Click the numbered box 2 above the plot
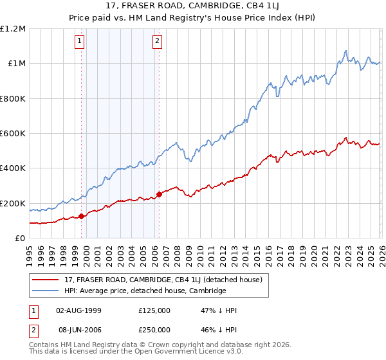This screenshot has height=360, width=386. tap(157, 42)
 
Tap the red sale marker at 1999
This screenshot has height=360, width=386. tap(81, 216)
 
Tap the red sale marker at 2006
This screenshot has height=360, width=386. tap(159, 195)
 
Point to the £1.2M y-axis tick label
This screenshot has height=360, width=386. tap(13, 28)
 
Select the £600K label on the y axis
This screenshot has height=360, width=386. tap(13, 134)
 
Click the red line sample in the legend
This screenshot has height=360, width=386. tap(46, 280)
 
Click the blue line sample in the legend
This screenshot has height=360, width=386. tap(46, 291)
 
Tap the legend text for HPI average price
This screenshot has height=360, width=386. tap(145, 291)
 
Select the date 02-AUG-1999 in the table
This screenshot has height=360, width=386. tap(80, 310)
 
